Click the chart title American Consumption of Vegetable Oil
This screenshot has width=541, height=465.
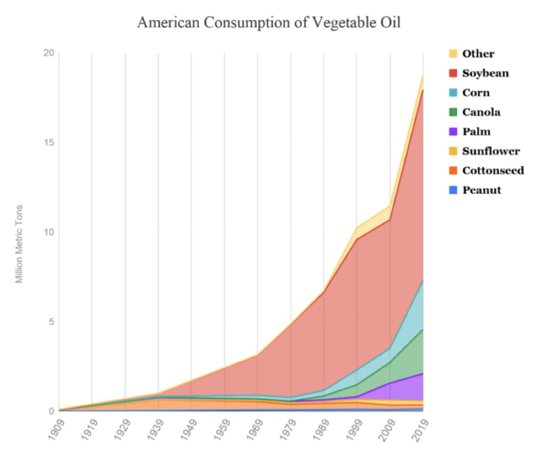pos(269,22)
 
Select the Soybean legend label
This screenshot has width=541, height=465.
pos(485,73)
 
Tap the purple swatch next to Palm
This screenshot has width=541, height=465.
pos(453,131)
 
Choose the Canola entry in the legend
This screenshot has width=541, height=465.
pos(481,112)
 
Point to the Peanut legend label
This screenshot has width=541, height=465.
pos(481,190)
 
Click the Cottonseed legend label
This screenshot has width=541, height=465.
pos(493,171)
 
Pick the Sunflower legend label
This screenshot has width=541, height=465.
pos(491,151)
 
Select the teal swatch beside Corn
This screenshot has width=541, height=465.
pos(453,93)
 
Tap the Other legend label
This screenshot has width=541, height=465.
pos(478,54)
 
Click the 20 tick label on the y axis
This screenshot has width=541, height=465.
pos(48,53)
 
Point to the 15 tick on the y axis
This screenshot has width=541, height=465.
pos(48,143)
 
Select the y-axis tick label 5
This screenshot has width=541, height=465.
pos(51,322)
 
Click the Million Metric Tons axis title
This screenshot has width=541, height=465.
pos(19,244)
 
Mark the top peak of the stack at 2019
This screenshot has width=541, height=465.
pos(423,75)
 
